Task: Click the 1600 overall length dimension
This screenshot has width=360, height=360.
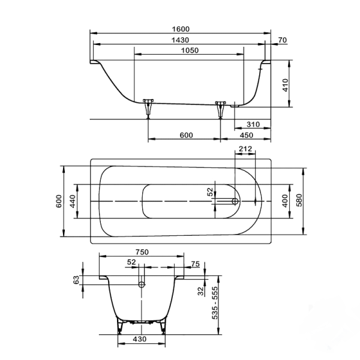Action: click(181, 29)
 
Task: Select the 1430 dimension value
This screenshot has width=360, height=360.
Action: click(181, 40)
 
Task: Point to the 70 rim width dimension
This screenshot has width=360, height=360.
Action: click(283, 40)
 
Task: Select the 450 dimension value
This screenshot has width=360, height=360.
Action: click(246, 135)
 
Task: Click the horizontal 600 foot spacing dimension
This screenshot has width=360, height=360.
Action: click(186, 135)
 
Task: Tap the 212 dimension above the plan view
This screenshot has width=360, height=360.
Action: click(244, 148)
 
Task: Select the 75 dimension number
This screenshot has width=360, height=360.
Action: click(195, 263)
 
